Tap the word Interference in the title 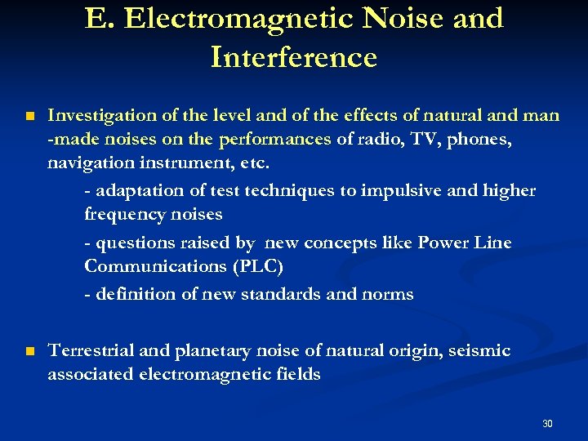coord(293,57)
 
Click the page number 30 coord(547,424)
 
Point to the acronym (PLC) coord(257,266)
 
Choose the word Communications coord(154,266)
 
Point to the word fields coord(298,375)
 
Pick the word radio coord(381,140)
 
